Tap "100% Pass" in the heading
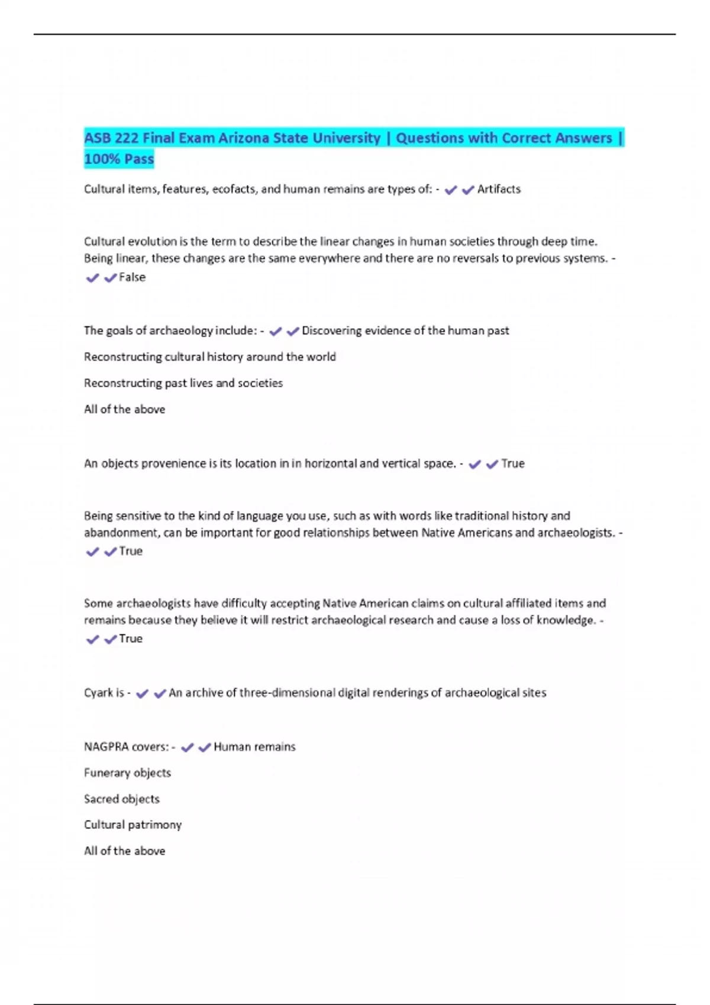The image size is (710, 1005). tap(119, 159)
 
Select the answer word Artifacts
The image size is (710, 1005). tap(499, 189)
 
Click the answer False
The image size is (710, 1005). tap(132, 277)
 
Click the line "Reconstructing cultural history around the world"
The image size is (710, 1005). tap(209, 357)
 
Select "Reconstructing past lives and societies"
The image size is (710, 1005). tap(183, 383)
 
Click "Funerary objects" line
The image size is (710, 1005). tap(127, 773)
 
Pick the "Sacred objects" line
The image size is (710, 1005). tap(122, 799)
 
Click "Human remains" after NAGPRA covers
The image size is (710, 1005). tap(254, 747)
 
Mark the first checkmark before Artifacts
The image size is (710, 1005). tap(450, 190)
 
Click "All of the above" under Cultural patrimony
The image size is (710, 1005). tap(124, 851)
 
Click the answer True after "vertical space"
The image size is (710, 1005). tap(512, 463)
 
